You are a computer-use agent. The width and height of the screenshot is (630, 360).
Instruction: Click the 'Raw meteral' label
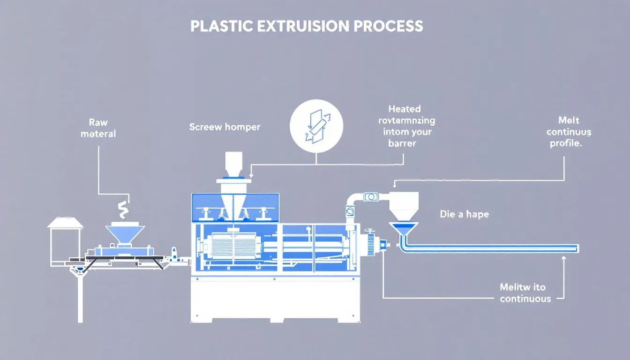coord(98,128)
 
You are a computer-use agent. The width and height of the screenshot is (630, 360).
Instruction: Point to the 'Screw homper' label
coord(225,127)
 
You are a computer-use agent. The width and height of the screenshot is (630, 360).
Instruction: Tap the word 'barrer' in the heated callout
coord(402,143)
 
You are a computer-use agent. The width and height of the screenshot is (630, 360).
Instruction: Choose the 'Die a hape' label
coord(464,214)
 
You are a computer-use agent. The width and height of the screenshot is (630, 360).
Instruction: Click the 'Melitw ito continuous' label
coord(525,292)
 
